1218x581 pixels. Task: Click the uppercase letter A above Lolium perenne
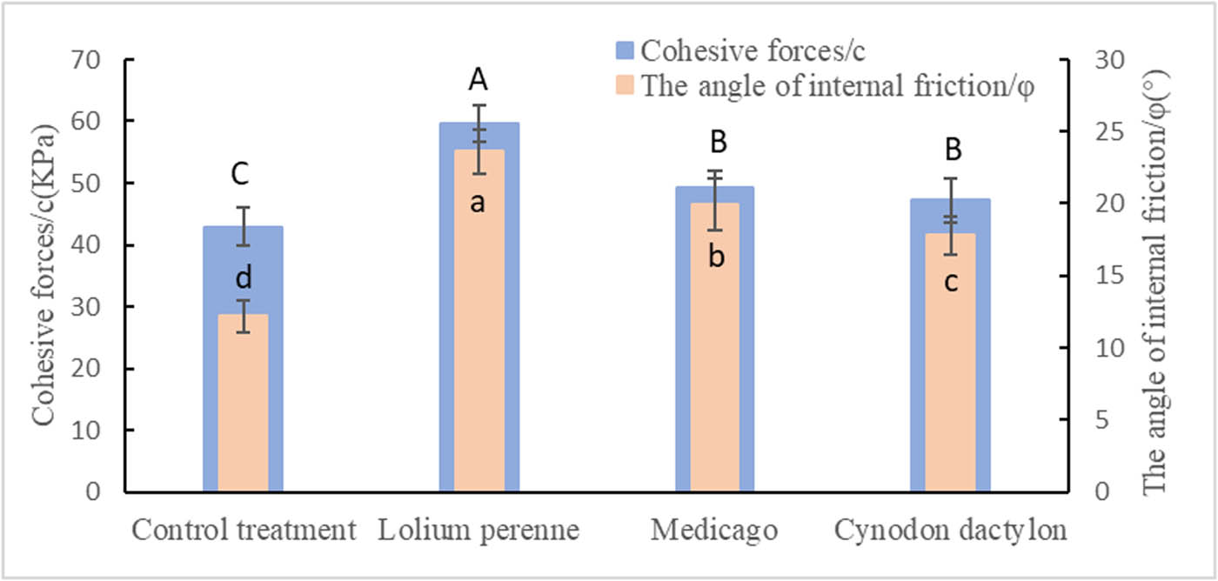coord(478,81)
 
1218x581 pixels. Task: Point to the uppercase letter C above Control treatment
coord(241,175)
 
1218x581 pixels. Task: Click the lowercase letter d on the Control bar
coord(244,277)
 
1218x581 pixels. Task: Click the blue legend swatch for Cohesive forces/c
coord(626,51)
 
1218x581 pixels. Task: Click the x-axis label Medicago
coord(714,530)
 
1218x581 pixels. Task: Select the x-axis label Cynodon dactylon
coord(950,530)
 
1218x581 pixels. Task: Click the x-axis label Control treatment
coord(244,530)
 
